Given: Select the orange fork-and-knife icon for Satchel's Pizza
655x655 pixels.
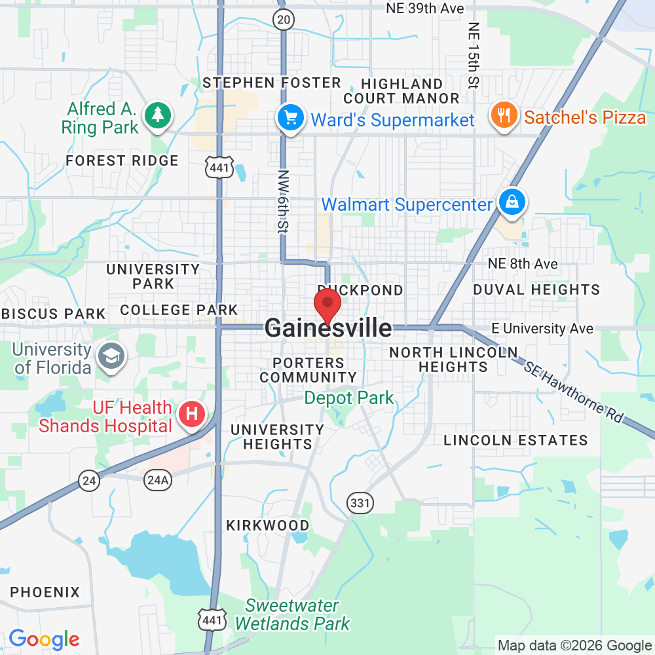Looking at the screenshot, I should tap(503, 116).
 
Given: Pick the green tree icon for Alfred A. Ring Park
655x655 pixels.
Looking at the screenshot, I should tap(157, 115).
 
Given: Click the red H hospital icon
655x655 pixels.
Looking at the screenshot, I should tap(193, 414).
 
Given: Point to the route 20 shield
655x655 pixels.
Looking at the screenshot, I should tap(283, 20).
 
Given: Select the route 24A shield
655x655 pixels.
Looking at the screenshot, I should tap(158, 481).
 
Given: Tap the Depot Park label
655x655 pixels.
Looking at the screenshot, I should tap(349, 398).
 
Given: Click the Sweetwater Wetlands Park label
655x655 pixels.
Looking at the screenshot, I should tap(292, 614).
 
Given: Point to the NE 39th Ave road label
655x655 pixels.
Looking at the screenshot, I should tap(425, 9).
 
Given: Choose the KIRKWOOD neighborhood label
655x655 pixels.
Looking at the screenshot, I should tap(267, 525).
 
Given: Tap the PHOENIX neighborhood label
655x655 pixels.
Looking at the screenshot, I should tap(45, 592).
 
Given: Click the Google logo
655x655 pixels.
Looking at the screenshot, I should tap(44, 639).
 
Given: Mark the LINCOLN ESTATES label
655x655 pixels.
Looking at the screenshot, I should tap(515, 440).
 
